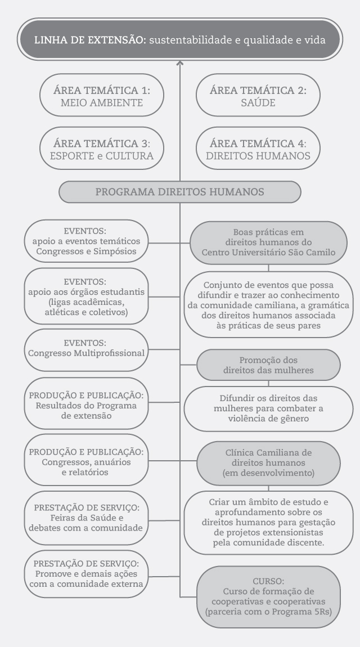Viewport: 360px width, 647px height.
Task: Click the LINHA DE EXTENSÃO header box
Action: pyautogui.click(x=180, y=39)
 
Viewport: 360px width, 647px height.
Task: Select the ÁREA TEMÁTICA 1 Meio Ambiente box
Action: pyautogui.click(x=101, y=95)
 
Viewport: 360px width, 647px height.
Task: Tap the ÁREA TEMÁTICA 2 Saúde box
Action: pyautogui.click(x=258, y=95)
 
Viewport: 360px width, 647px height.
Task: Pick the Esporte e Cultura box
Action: pyautogui.click(x=101, y=148)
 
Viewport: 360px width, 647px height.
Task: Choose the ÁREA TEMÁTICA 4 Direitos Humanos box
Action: pyautogui.click(x=258, y=148)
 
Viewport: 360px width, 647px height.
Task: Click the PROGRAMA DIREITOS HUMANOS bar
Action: pyautogui.click(x=180, y=192)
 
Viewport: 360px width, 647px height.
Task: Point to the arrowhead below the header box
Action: pyautogui.click(x=180, y=63)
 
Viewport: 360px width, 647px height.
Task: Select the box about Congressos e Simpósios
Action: pyautogui.click(x=86, y=241)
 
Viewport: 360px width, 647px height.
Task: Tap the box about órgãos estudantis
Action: pyautogui.click(x=86, y=296)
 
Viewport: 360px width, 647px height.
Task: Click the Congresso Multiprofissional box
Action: pyautogui.click(x=86, y=349)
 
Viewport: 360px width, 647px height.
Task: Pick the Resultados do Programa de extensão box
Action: pyautogui.click(x=86, y=403)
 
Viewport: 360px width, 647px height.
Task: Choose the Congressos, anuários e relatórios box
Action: pyautogui.click(x=86, y=460)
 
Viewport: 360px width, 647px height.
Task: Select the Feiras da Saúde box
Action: pyautogui.click(x=86, y=518)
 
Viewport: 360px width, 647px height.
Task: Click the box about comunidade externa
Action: pyautogui.click(x=86, y=574)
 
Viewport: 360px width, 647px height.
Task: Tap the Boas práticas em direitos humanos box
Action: pyautogui.click(x=268, y=242)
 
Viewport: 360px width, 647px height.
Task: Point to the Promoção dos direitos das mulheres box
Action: pyautogui.click(x=268, y=365)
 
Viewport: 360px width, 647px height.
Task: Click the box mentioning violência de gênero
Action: pyautogui.click(x=268, y=408)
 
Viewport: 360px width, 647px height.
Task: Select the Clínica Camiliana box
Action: pyautogui.click(x=268, y=463)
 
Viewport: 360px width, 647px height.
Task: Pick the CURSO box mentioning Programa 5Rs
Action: pyautogui.click(x=268, y=597)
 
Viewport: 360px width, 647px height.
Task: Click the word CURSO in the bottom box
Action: pyautogui.click(x=268, y=581)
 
